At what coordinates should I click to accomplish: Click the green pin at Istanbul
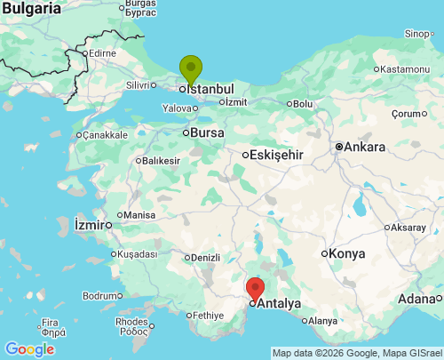[x=190, y=68]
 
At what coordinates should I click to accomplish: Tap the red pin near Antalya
[x=255, y=289]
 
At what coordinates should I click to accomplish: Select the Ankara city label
[x=365, y=147]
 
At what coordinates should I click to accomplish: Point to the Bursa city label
[x=209, y=132]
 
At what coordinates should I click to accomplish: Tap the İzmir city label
[x=90, y=222]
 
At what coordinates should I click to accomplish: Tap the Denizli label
[x=206, y=258]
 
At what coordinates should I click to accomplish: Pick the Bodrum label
[x=100, y=295]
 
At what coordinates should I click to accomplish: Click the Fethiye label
[x=210, y=315]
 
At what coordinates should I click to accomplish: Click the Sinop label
[x=416, y=34]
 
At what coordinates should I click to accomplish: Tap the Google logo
[x=29, y=349]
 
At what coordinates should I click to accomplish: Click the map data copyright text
[x=357, y=353]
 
